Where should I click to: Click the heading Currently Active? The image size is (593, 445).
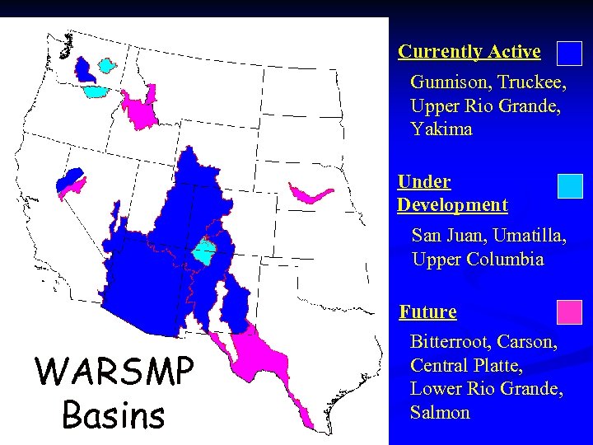pyautogui.click(x=469, y=51)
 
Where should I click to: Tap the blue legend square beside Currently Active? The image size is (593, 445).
pyautogui.click(x=569, y=54)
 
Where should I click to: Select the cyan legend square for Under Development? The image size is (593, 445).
pyautogui.click(x=569, y=186)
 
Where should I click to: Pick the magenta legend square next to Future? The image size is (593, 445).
pyautogui.click(x=569, y=312)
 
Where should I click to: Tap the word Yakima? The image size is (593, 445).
pyautogui.click(x=441, y=129)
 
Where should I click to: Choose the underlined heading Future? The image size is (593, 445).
pyautogui.click(x=427, y=311)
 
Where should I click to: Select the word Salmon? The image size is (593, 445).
pyautogui.click(x=440, y=412)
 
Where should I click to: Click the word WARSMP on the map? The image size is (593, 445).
pyautogui.click(x=114, y=372)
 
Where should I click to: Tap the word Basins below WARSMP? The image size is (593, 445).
pyautogui.click(x=114, y=415)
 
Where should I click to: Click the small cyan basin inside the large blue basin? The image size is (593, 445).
pyautogui.click(x=203, y=251)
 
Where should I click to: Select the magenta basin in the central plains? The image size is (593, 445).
pyautogui.click(x=310, y=194)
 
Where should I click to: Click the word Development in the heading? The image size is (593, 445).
pyautogui.click(x=452, y=204)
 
